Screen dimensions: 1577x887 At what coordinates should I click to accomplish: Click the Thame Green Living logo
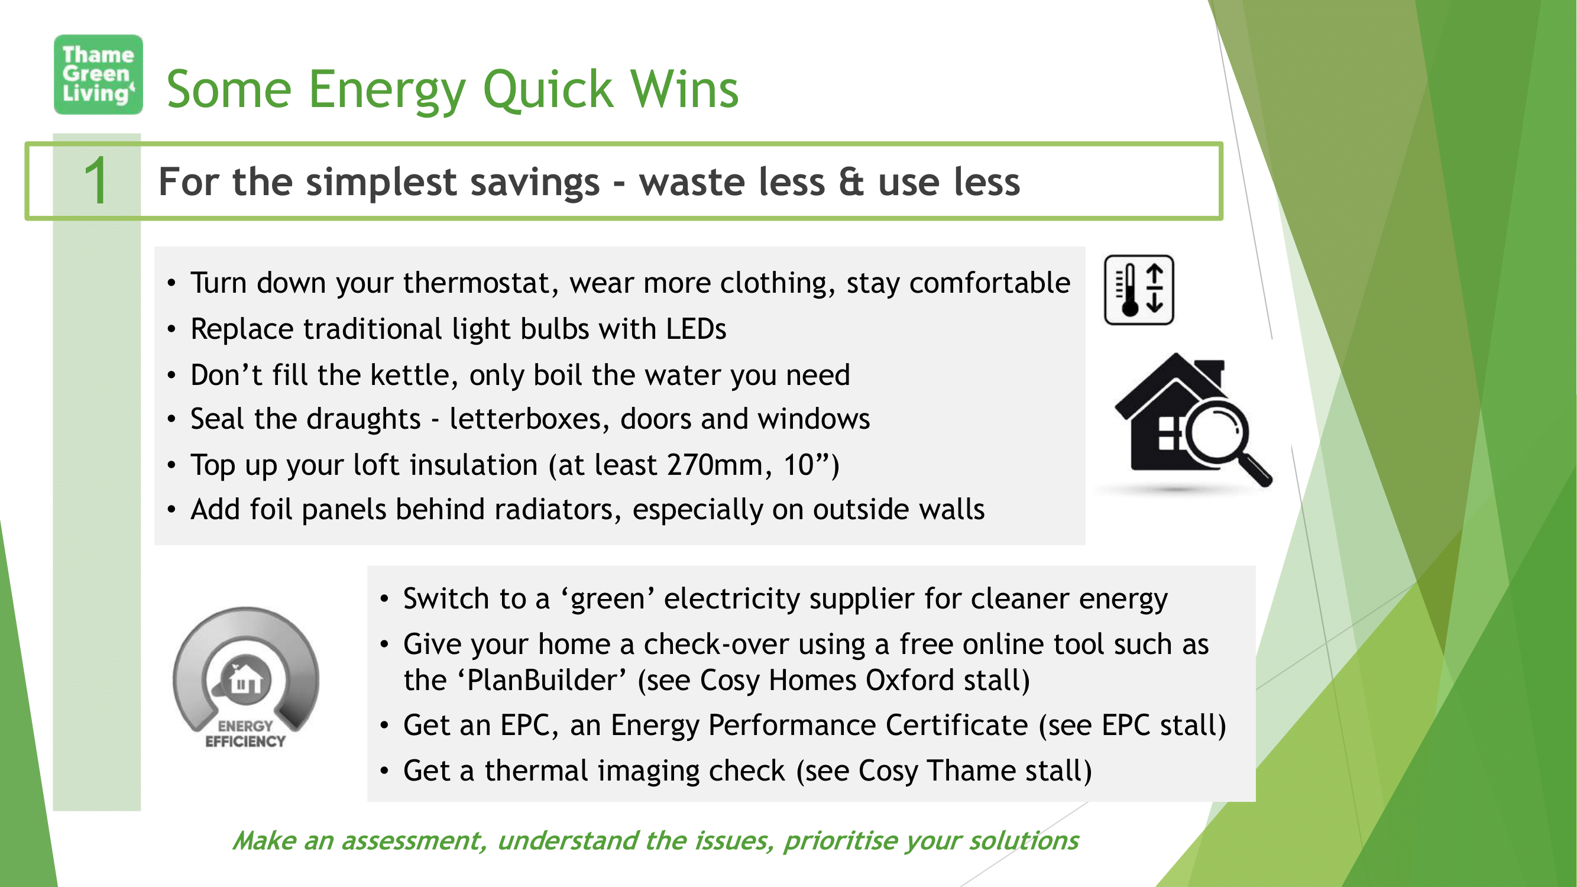98,74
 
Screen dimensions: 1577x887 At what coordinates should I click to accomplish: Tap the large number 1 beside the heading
96,180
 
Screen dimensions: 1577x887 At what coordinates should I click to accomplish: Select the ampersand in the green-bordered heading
851,182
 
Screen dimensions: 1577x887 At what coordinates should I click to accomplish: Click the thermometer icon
1139,290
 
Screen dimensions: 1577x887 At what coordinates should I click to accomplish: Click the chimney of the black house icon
1209,371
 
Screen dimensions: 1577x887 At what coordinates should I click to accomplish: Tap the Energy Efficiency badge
245,677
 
